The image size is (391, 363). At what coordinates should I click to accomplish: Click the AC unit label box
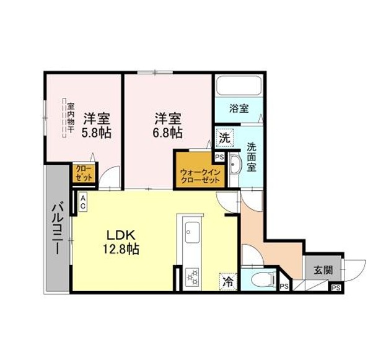click(83, 202)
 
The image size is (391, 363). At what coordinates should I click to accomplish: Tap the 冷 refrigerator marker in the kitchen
click(228, 282)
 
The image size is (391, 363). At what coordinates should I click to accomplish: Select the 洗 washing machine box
click(225, 138)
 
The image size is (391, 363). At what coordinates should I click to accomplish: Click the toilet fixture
click(263, 278)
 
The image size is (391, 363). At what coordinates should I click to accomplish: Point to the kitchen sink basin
click(192, 232)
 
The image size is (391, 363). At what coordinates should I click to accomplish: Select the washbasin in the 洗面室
click(234, 165)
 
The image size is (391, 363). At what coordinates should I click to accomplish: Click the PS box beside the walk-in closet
click(220, 157)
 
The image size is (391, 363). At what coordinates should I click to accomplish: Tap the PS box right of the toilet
click(284, 286)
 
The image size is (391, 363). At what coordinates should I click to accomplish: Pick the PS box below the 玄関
click(336, 287)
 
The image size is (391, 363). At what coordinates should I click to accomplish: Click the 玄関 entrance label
click(323, 269)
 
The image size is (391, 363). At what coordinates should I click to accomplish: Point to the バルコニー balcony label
click(57, 229)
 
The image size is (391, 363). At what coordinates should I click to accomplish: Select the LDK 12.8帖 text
click(121, 242)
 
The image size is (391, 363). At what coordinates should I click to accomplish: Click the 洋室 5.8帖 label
click(97, 126)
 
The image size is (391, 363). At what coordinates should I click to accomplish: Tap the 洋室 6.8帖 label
click(168, 126)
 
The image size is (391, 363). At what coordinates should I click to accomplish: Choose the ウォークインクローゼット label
click(200, 177)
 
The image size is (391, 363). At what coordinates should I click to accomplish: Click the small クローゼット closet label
click(84, 173)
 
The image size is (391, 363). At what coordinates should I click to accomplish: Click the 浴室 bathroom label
click(239, 108)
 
